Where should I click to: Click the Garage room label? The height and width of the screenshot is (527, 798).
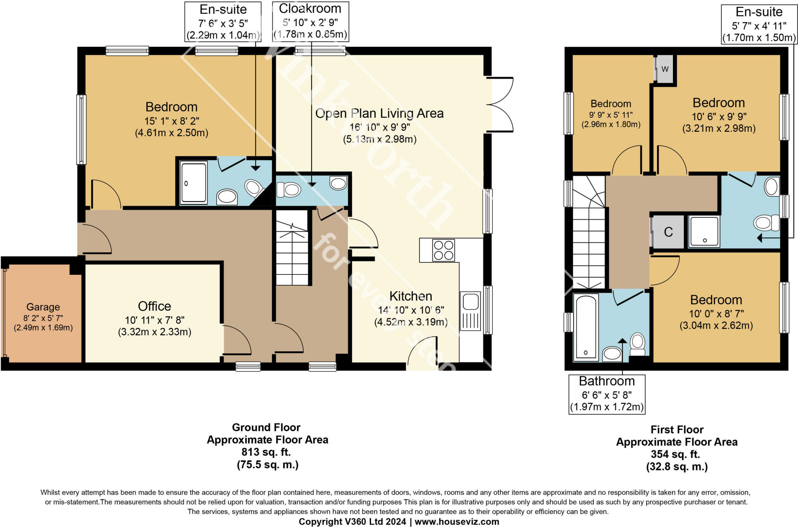click(43, 307)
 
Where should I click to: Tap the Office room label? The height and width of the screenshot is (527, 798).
click(154, 306)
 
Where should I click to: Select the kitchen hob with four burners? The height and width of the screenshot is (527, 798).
click(443, 250)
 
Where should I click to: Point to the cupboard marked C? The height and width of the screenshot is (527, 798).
click(668, 232)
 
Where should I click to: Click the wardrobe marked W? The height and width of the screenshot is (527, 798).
click(665, 69)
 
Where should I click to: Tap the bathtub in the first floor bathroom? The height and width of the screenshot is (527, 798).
click(586, 327)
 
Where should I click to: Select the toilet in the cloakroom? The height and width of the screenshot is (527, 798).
click(289, 190)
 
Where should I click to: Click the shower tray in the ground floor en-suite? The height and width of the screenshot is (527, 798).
click(194, 183)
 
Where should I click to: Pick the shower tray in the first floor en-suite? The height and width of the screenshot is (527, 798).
click(704, 232)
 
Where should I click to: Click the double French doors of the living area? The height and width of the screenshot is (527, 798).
click(501, 104)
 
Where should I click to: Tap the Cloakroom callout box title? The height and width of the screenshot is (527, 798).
click(310, 9)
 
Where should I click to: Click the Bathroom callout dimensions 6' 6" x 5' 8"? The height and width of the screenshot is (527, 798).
click(607, 395)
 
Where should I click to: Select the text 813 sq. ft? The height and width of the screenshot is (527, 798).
click(266, 452)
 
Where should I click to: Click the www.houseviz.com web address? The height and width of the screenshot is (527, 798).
click(457, 522)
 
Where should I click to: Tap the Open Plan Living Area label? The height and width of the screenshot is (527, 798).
click(379, 113)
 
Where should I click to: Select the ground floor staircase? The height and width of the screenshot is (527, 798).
click(292, 247)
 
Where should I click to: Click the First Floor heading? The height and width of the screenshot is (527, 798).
click(677, 430)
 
